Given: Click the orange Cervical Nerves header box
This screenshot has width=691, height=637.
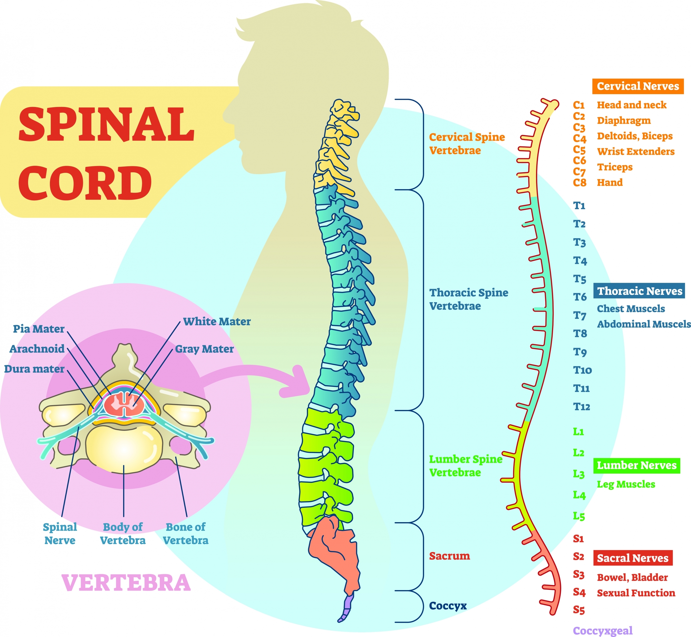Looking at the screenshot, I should pyautogui.click(x=638, y=86).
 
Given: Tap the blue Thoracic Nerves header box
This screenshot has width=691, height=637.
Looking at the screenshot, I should pyautogui.click(x=639, y=291).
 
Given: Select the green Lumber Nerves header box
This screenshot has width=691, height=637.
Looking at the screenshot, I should pyautogui.click(x=636, y=465).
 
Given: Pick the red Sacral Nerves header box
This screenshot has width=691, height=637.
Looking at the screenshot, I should pyautogui.click(x=633, y=558).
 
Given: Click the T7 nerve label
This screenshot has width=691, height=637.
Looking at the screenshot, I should pyautogui.click(x=580, y=315).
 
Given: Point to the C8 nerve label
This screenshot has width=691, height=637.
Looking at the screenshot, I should pyautogui.click(x=580, y=182).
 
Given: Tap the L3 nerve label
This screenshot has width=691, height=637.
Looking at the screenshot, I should pyautogui.click(x=579, y=474).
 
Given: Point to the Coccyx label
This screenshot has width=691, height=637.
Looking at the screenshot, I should pyautogui.click(x=448, y=606).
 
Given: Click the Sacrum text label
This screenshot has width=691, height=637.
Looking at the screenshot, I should pyautogui.click(x=449, y=556).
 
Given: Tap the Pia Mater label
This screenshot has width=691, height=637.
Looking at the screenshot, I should pyautogui.click(x=39, y=329).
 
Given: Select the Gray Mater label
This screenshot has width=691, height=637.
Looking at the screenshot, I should pyautogui.click(x=204, y=349).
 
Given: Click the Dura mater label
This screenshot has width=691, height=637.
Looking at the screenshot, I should pyautogui.click(x=34, y=369).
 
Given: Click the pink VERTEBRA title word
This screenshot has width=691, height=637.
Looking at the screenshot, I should pyautogui.click(x=126, y=583).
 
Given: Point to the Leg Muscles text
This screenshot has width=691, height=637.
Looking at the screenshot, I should pyautogui.click(x=626, y=484).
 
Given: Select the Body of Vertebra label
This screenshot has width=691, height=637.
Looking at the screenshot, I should pyautogui.click(x=123, y=533).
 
